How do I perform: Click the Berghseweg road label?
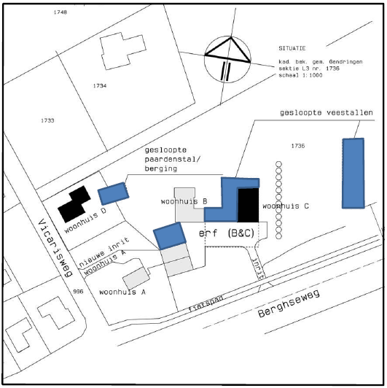pyautogui.click(x=289, y=303)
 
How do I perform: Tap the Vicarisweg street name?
pyautogui.click(x=55, y=248)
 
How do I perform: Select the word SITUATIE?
pyautogui.click(x=292, y=48)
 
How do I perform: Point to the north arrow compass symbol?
pyautogui.click(x=227, y=59)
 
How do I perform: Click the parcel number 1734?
pyautogui.click(x=100, y=86)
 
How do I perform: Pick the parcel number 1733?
pyautogui.click(x=47, y=120)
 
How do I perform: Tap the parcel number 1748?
pyautogui.click(x=60, y=12)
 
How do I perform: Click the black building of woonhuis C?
pyautogui.click(x=249, y=205)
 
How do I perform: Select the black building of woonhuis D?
pyautogui.click(x=74, y=204)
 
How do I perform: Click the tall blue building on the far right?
pyautogui.click(x=353, y=174)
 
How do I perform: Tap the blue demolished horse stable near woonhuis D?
pyautogui.click(x=113, y=194)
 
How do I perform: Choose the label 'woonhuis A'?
pyautogui.click(x=122, y=292)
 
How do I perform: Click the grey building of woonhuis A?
pyautogui.click(x=136, y=279)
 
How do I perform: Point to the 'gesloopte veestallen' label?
pyautogui.click(x=327, y=113)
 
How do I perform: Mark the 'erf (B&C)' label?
pyautogui.click(x=227, y=233)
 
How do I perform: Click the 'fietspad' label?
pyautogui.click(x=206, y=303)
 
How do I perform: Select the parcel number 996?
pyautogui.click(x=78, y=292)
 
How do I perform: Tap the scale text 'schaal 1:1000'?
pyautogui.click(x=300, y=75)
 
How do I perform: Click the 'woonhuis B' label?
pyautogui.click(x=184, y=201)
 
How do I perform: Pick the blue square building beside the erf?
pyautogui.click(x=170, y=236)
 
